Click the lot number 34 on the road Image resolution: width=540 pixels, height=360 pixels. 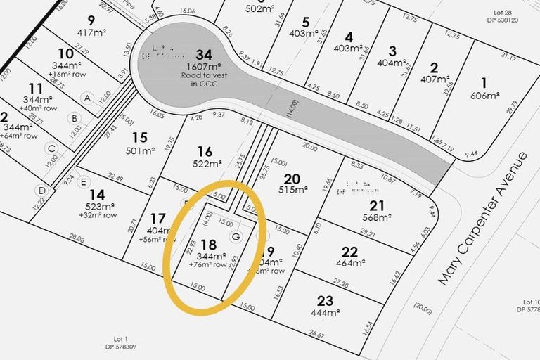tap(204, 54)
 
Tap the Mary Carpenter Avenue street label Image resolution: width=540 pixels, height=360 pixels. tap(482, 217)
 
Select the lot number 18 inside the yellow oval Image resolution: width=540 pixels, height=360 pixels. tap(208, 245)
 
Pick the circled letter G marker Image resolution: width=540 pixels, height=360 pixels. tap(236, 237)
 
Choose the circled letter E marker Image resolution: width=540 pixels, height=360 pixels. tap(84, 181)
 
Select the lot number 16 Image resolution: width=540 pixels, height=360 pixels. tap(205, 151)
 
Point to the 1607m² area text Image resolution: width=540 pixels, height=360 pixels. tap(204, 67)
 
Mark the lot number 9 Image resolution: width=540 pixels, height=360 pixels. tap(91, 20)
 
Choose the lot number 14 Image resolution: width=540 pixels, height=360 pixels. tap(97, 193)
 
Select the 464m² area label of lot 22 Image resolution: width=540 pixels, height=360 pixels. tap(349, 264)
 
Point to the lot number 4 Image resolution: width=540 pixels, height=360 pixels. tap(347, 37)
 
